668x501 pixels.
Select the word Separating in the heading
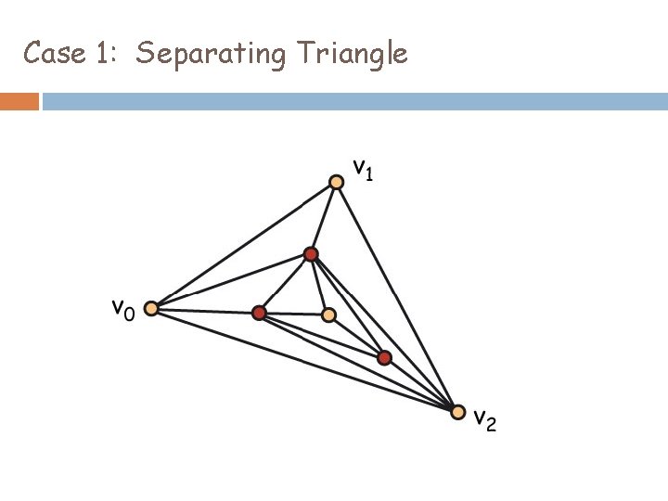(211, 55)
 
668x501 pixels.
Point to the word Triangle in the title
(353, 55)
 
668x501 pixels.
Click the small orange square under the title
(19, 101)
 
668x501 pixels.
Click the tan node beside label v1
(338, 182)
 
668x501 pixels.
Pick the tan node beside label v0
(151, 309)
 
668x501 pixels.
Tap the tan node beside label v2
(457, 411)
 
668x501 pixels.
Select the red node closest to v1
(311, 254)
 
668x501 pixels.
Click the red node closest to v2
(384, 357)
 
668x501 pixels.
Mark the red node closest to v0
(259, 314)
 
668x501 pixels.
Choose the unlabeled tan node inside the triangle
(328, 315)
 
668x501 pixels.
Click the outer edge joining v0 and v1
(244, 245)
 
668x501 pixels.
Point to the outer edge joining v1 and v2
(397, 295)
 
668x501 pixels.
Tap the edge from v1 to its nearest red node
(325, 218)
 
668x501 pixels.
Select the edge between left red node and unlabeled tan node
(293, 315)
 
